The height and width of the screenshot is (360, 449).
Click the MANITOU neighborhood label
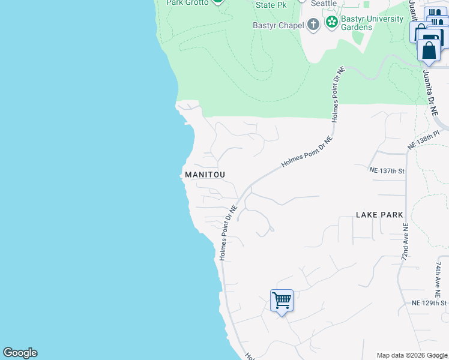[x=205, y=175]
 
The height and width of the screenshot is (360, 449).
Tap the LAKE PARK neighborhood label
[x=378, y=214]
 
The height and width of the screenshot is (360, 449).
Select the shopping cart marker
[x=282, y=300]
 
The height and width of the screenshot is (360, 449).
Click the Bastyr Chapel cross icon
[x=313, y=25]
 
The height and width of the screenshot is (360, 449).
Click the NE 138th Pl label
[x=424, y=142]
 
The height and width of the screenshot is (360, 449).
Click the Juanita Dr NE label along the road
[x=430, y=90]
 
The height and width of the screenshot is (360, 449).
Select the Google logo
[x=20, y=353]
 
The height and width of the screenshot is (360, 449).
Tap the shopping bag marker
[x=430, y=48]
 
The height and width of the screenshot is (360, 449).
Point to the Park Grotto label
[x=187, y=3]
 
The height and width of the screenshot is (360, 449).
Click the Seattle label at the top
[x=325, y=3]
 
